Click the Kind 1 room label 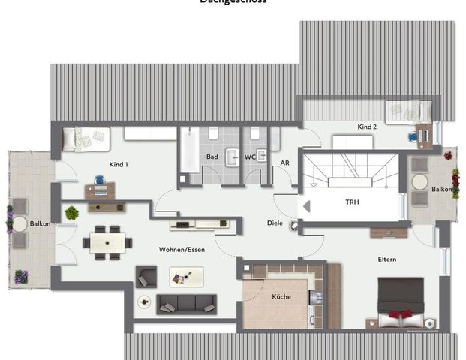(x=117, y=164)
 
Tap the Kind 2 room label (x=367, y=127)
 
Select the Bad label (x=212, y=157)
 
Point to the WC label (x=250, y=157)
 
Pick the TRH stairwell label (x=352, y=202)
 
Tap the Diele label (x=275, y=223)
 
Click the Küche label (x=281, y=297)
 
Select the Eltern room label (x=387, y=259)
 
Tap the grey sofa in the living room (x=186, y=304)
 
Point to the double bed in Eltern (x=400, y=301)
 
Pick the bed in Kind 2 (x=407, y=112)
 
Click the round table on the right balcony (x=419, y=182)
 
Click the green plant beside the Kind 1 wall (x=71, y=213)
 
